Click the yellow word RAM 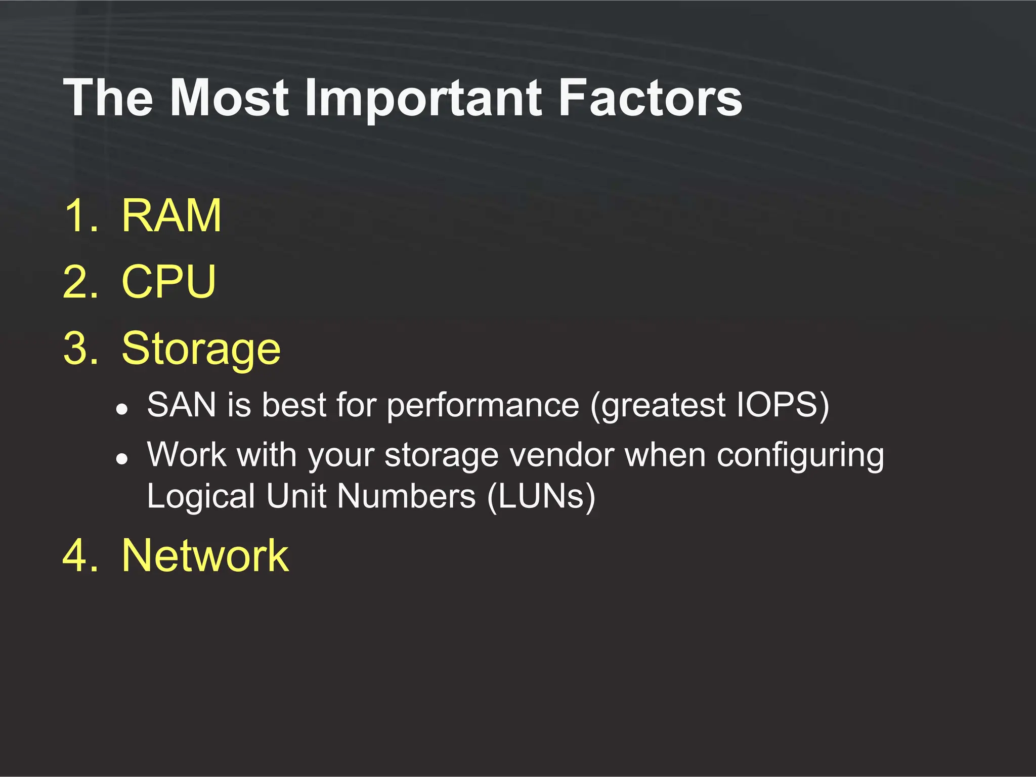pyautogui.click(x=171, y=216)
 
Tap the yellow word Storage pyautogui.click(x=201, y=349)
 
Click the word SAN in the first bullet pyautogui.click(x=182, y=405)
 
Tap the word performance pyautogui.click(x=483, y=406)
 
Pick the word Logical pyautogui.click(x=201, y=497)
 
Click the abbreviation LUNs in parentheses pyautogui.click(x=541, y=496)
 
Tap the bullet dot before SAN pyautogui.click(x=121, y=409)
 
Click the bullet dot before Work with pyautogui.click(x=121, y=458)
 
